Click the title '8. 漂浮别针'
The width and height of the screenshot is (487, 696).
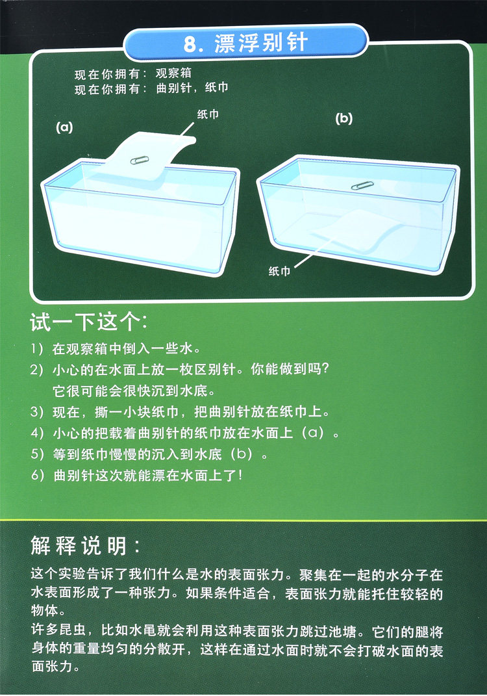coord(246,43)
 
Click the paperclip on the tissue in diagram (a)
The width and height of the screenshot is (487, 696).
coord(140,160)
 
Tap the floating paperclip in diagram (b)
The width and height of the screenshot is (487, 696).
coord(362,186)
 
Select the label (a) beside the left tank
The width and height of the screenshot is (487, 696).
coord(64,127)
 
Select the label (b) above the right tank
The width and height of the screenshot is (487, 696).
coord(343,118)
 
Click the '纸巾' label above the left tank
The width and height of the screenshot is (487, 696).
coord(208,114)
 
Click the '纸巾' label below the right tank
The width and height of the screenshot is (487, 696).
coord(279,270)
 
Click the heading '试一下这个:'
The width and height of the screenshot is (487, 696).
coord(88,322)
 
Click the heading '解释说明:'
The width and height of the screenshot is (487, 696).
coord(86,545)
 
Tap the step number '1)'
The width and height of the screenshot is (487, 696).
coord(37,349)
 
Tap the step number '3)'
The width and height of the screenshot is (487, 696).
coord(37,412)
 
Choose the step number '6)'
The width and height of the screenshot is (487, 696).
coord(38,476)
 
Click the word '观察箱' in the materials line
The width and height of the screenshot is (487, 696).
coord(173,73)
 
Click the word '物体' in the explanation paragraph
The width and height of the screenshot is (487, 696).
coord(45,611)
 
